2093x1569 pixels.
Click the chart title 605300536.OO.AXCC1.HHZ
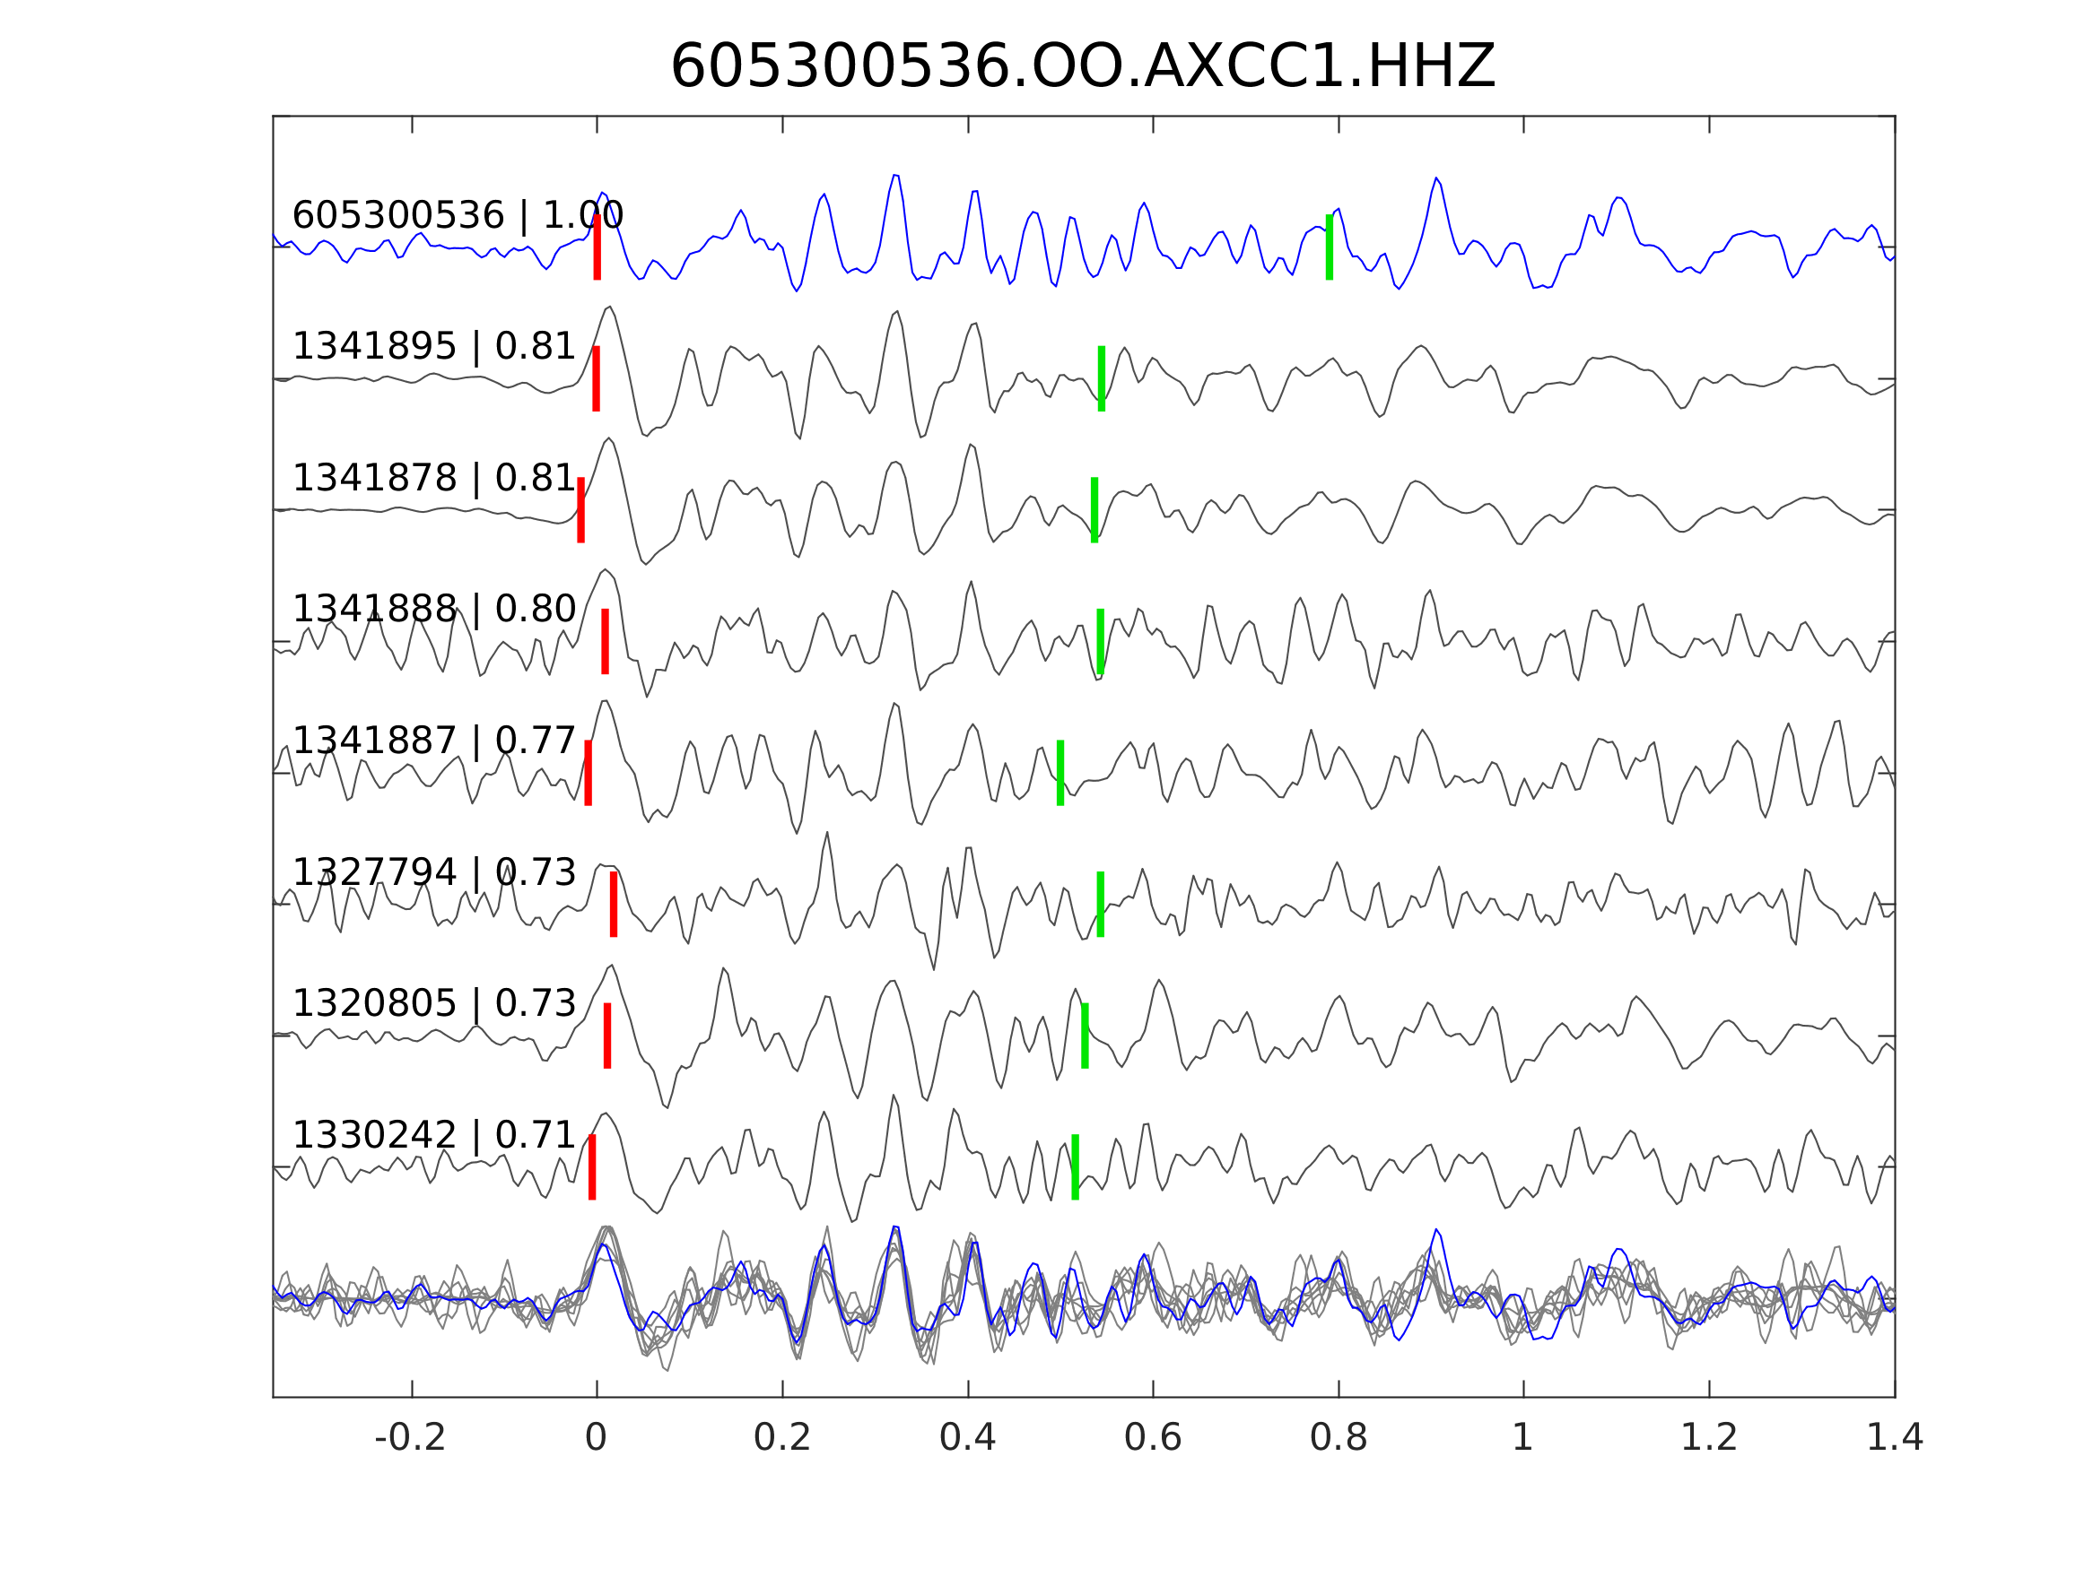[1082, 67]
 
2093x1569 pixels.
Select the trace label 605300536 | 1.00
[458, 216]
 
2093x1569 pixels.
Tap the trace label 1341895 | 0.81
[434, 347]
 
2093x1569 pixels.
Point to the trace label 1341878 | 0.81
[434, 479]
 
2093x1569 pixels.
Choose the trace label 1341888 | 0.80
[434, 609]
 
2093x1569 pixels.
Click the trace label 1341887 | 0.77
[434, 741]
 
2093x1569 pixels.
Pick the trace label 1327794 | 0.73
[434, 872]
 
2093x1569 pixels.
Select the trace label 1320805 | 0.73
[434, 1003]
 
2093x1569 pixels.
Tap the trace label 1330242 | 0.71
[434, 1135]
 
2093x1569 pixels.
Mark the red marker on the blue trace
[597, 247]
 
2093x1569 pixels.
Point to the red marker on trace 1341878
[581, 510]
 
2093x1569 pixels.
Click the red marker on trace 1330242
[592, 1167]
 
